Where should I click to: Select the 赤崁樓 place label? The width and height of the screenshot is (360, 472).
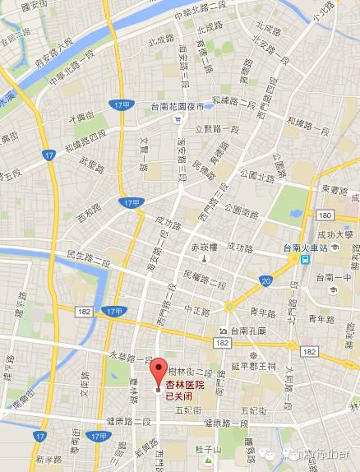204,245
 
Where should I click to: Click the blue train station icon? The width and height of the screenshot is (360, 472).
305,257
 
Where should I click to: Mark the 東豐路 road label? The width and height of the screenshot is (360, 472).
335,188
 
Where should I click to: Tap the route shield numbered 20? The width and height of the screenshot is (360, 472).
265,282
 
